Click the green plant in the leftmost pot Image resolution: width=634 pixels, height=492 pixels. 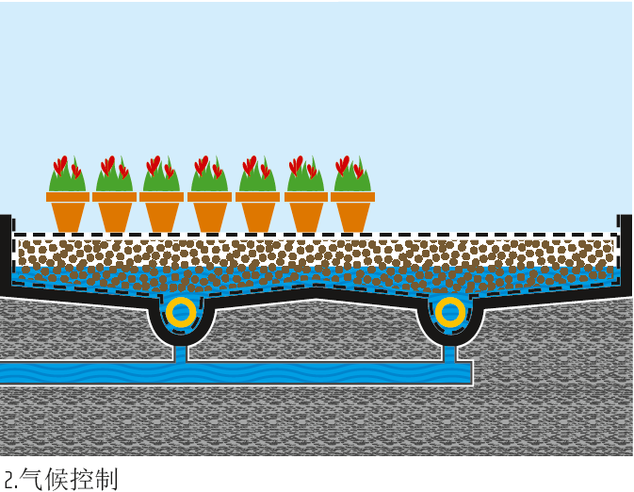[67, 175]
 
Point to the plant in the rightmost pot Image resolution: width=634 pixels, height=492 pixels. [352, 175]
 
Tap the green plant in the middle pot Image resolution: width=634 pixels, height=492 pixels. [209, 175]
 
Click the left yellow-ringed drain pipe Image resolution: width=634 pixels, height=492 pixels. [180, 312]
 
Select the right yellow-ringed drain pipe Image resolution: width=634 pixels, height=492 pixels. [450, 312]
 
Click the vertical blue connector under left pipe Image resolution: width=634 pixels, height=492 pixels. [180, 353]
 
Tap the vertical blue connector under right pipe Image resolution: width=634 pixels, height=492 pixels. [450, 353]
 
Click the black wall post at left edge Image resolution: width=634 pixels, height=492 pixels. [6, 250]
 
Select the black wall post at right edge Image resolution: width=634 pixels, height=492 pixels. [626, 250]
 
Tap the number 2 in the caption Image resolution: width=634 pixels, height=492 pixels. [8, 479]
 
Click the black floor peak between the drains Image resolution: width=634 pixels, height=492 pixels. [317, 295]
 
